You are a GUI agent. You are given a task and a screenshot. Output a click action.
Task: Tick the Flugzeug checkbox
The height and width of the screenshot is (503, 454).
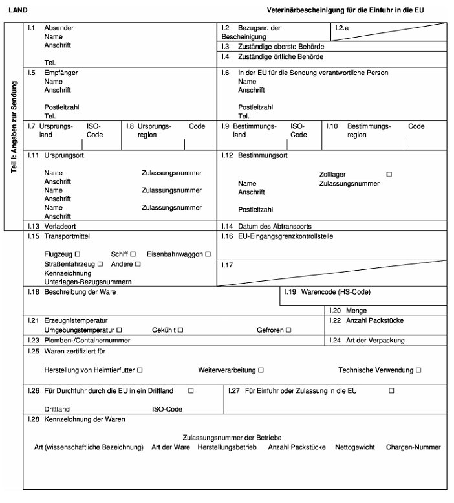tap(78, 254)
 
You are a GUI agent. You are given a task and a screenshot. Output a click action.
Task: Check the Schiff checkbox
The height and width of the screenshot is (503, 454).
tap(133, 254)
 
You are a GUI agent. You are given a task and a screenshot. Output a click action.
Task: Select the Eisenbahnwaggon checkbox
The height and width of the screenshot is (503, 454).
tap(208, 254)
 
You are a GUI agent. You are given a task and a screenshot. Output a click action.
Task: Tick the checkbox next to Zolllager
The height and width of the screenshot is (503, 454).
tap(389, 174)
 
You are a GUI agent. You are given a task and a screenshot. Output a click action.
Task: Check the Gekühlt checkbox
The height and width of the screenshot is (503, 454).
tap(181, 330)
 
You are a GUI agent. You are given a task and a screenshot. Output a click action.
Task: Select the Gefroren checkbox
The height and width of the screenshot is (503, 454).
tap(288, 330)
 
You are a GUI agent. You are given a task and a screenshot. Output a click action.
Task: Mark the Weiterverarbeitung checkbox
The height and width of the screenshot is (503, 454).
tap(261, 370)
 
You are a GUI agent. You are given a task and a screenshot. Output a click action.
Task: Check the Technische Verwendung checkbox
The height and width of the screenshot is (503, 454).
tap(418, 370)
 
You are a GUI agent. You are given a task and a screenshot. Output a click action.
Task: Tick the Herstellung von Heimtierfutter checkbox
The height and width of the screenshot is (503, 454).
tap(140, 370)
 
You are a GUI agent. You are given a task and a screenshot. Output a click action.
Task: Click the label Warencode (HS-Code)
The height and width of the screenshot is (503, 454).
tap(336, 292)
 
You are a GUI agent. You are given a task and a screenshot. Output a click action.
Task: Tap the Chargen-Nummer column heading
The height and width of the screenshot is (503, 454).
tap(413, 447)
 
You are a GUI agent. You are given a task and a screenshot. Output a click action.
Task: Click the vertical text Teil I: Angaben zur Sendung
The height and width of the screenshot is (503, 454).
tap(14, 126)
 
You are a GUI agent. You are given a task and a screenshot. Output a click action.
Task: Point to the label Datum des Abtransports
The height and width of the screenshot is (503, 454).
tap(275, 227)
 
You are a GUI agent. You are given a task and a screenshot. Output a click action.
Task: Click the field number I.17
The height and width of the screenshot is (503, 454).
tap(226, 265)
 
